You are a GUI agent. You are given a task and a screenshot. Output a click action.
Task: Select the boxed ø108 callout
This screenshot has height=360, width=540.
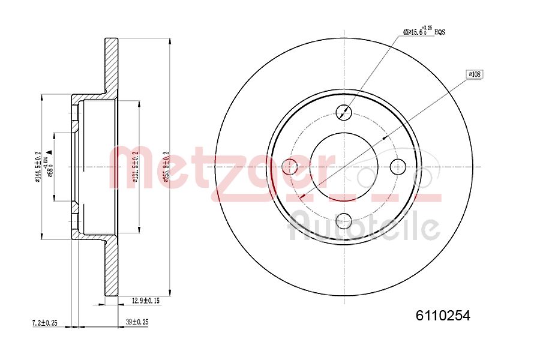click(x=474, y=74)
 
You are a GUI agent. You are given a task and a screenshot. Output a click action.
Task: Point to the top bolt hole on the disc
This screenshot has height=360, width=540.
click(x=344, y=112)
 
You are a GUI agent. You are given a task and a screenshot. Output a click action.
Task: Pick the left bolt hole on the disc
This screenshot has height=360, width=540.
click(x=289, y=167)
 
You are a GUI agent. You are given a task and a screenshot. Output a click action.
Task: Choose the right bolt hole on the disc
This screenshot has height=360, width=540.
click(x=398, y=166)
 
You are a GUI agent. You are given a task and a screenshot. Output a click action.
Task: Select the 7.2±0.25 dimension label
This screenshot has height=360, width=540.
click(x=44, y=323)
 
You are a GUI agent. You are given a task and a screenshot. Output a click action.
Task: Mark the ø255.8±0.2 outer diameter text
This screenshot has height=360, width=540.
click(x=166, y=167)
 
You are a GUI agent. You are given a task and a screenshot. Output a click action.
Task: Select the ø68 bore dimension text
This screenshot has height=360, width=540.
click(x=51, y=163)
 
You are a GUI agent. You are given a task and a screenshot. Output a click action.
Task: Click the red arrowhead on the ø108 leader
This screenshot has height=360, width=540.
click(x=302, y=196)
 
